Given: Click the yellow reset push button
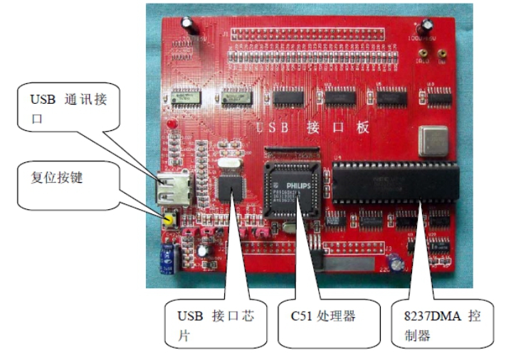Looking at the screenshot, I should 169,219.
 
